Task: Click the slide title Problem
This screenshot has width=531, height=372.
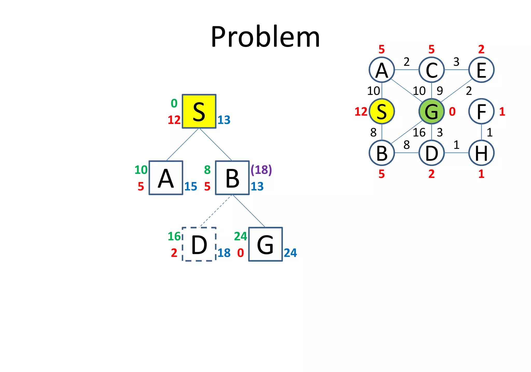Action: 265,37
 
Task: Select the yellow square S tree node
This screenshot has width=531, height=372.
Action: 199,111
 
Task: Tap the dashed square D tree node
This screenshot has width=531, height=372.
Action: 199,244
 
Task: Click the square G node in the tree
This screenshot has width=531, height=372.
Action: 265,244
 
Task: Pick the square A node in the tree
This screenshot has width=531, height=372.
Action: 166,178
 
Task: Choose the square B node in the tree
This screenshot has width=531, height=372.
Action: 232,178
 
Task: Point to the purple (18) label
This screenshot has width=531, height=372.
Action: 261,170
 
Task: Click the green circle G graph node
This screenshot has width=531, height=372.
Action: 431,111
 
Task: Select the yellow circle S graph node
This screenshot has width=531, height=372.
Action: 382,111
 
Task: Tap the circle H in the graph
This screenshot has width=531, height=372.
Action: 481,153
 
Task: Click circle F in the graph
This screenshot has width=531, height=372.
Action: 481,111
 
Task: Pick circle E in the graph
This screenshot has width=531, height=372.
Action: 481,70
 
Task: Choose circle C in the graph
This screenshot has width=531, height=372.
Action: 431,70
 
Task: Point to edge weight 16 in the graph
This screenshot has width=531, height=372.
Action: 419,133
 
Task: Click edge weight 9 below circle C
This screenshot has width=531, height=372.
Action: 440,91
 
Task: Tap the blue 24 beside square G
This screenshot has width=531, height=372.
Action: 290,253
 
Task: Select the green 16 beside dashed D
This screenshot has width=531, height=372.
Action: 174,236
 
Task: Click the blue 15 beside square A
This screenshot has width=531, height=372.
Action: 191,186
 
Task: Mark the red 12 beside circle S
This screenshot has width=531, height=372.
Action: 361,112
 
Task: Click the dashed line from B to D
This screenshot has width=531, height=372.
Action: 216,211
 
